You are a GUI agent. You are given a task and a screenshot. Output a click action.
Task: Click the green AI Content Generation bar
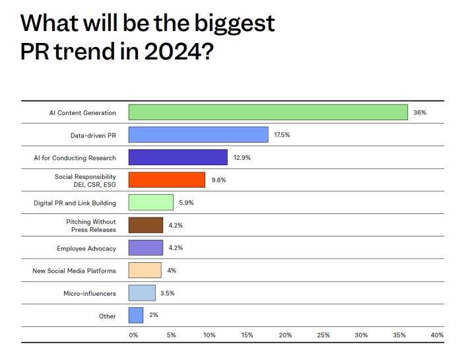(x=268, y=112)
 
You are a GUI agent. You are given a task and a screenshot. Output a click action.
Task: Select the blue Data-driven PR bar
(x=198, y=135)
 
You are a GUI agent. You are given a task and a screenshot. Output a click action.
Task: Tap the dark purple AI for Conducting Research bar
(x=178, y=157)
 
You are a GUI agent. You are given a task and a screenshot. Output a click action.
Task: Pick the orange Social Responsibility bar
(x=166, y=180)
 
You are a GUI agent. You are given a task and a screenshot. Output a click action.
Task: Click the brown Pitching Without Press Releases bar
(x=145, y=225)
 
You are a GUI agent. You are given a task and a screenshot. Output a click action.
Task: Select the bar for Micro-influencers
(x=142, y=293)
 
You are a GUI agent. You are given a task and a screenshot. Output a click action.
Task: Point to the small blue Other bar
(x=135, y=315)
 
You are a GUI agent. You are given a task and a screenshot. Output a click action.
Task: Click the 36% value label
(x=420, y=112)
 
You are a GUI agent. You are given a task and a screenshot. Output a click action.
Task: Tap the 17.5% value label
(x=282, y=135)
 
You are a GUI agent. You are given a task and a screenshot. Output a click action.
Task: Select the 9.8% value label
(x=218, y=180)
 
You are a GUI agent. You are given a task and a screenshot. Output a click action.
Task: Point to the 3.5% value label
(x=167, y=293)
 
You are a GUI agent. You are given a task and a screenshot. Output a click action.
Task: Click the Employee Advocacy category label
(x=86, y=248)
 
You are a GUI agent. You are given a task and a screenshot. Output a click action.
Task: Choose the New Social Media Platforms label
(x=75, y=271)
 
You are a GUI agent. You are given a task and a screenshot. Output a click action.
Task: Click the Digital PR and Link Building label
(x=75, y=203)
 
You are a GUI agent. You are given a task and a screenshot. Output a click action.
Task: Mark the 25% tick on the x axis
(x=323, y=335)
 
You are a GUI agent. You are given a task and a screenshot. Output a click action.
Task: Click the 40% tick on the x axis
(x=437, y=335)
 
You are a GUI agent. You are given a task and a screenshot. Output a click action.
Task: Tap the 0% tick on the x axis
(x=133, y=335)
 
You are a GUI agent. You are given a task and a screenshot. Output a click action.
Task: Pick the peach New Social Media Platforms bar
(x=145, y=270)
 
